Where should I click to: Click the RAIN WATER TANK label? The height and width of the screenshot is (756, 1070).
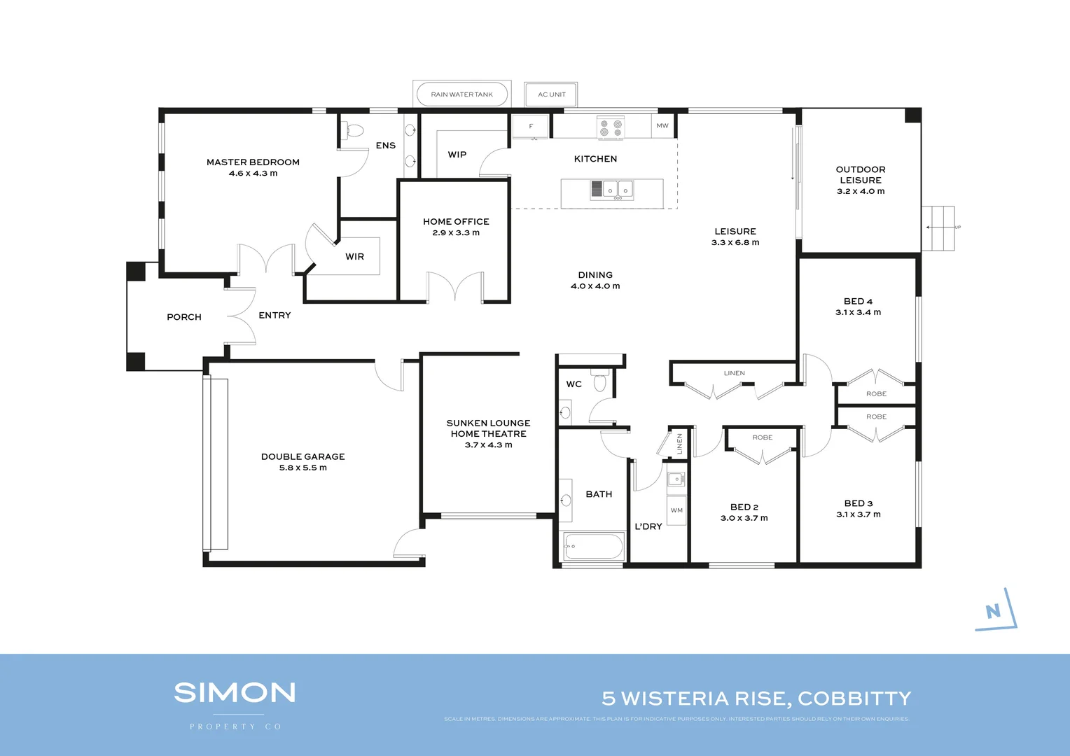click(461, 94)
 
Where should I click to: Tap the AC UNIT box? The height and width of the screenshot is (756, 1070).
click(551, 94)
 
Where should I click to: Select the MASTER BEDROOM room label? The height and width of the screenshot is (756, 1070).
click(253, 162)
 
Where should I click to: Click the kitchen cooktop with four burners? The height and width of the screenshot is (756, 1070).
click(611, 128)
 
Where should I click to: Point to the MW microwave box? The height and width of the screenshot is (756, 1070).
click(662, 126)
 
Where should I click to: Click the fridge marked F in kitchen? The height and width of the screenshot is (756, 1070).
click(531, 127)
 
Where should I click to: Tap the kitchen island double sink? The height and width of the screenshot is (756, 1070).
click(618, 190)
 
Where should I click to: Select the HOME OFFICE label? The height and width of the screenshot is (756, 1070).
click(456, 222)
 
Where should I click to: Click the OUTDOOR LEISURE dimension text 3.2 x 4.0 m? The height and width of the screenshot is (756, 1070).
click(861, 191)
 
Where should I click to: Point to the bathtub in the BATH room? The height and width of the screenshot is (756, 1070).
click(593, 546)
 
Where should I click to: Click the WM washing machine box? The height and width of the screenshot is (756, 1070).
click(676, 510)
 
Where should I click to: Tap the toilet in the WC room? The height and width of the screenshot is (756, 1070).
click(599, 382)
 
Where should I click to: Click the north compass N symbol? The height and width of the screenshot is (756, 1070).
click(993, 611)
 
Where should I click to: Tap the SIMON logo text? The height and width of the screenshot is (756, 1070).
click(235, 693)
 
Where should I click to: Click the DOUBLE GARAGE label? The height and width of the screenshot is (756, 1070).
click(303, 457)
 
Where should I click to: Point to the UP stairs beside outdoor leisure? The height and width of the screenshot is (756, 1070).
click(938, 227)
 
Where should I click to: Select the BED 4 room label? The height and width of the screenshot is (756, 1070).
click(858, 302)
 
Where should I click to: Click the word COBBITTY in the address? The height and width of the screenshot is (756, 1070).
click(854, 699)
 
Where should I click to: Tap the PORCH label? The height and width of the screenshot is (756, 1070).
click(184, 317)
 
